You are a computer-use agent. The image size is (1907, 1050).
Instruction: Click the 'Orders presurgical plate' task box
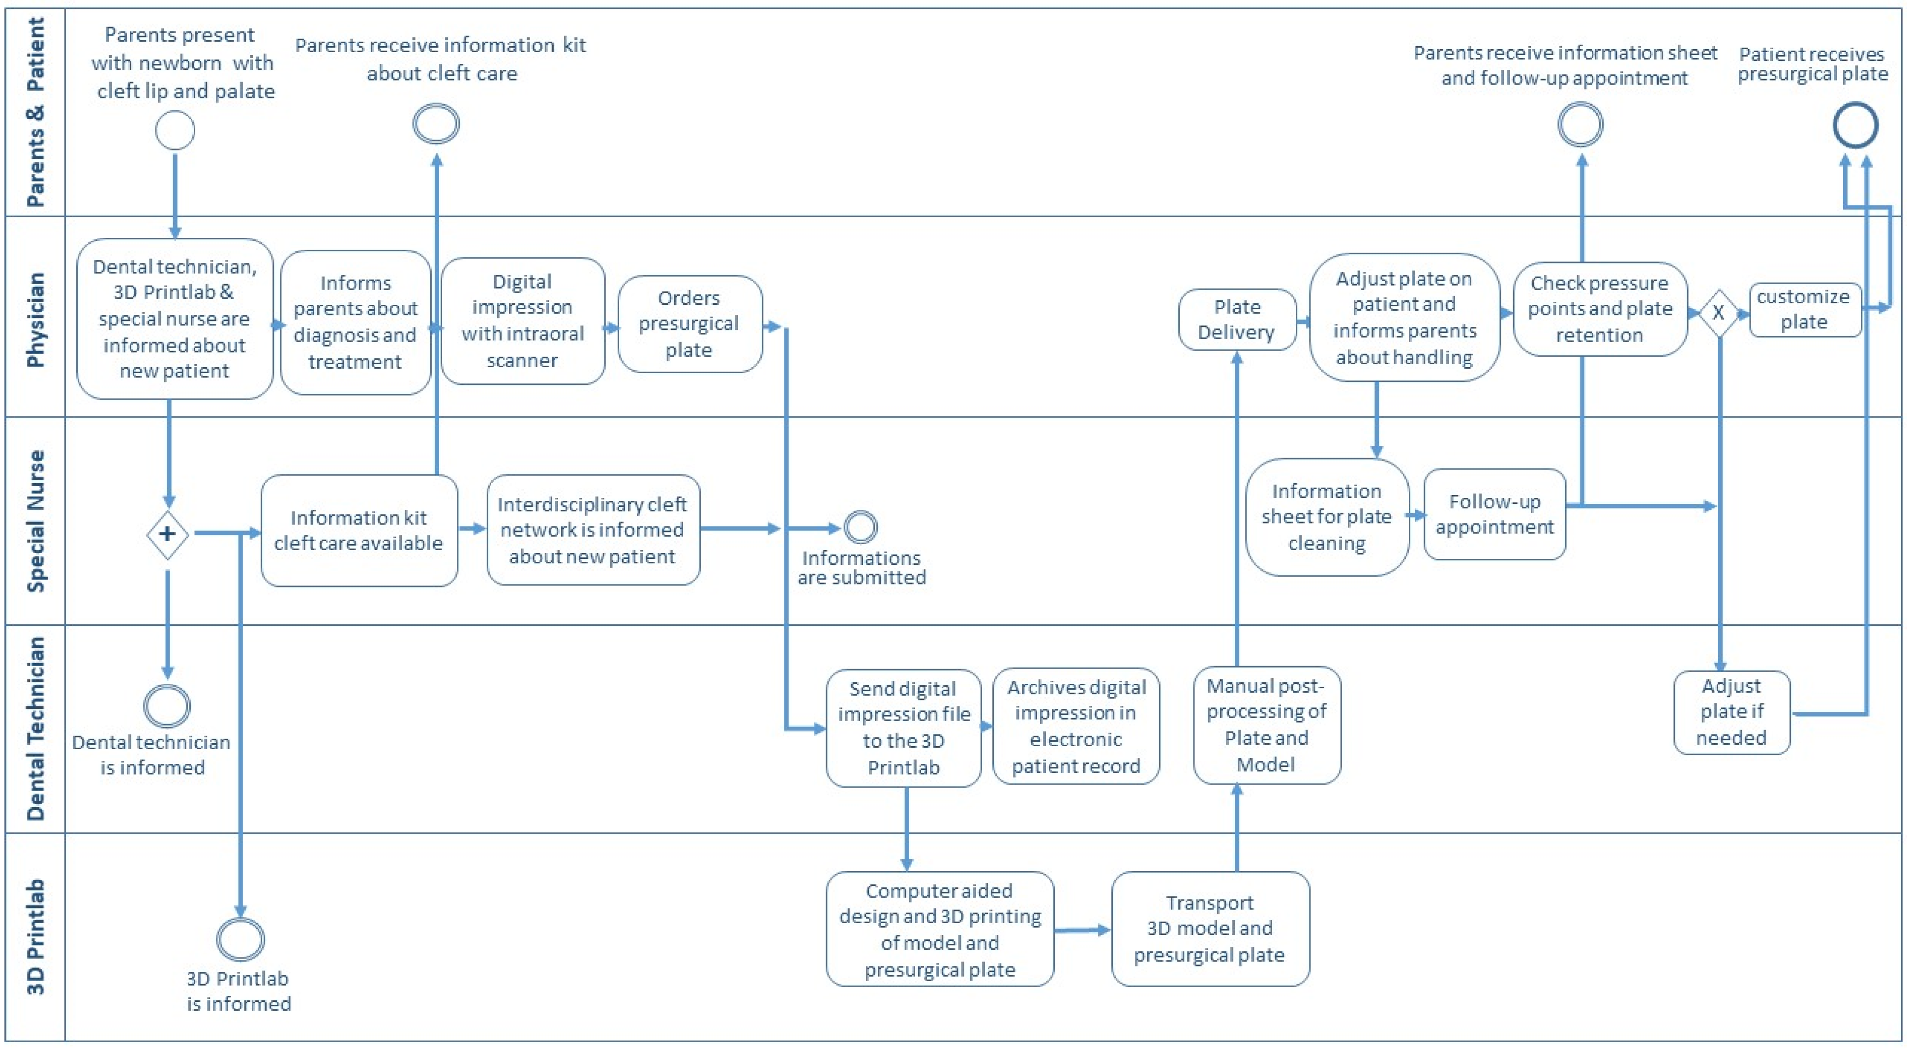tap(690, 324)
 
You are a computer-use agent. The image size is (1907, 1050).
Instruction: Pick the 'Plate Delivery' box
tap(1237, 320)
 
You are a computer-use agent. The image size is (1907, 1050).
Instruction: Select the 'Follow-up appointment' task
tap(1494, 514)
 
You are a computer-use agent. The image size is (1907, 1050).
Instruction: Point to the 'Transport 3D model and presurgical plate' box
tap(1210, 929)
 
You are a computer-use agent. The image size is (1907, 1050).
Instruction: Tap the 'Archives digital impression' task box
tap(1075, 727)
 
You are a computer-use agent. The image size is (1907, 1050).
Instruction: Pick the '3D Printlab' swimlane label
tap(35, 937)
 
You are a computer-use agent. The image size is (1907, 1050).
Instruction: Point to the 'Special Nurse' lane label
tap(35, 521)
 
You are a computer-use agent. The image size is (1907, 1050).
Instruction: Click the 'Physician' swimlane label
tap(35, 320)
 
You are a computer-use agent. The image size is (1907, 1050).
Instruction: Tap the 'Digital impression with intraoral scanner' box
tap(523, 321)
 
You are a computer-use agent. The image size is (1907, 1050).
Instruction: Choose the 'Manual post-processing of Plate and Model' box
tap(1267, 725)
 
